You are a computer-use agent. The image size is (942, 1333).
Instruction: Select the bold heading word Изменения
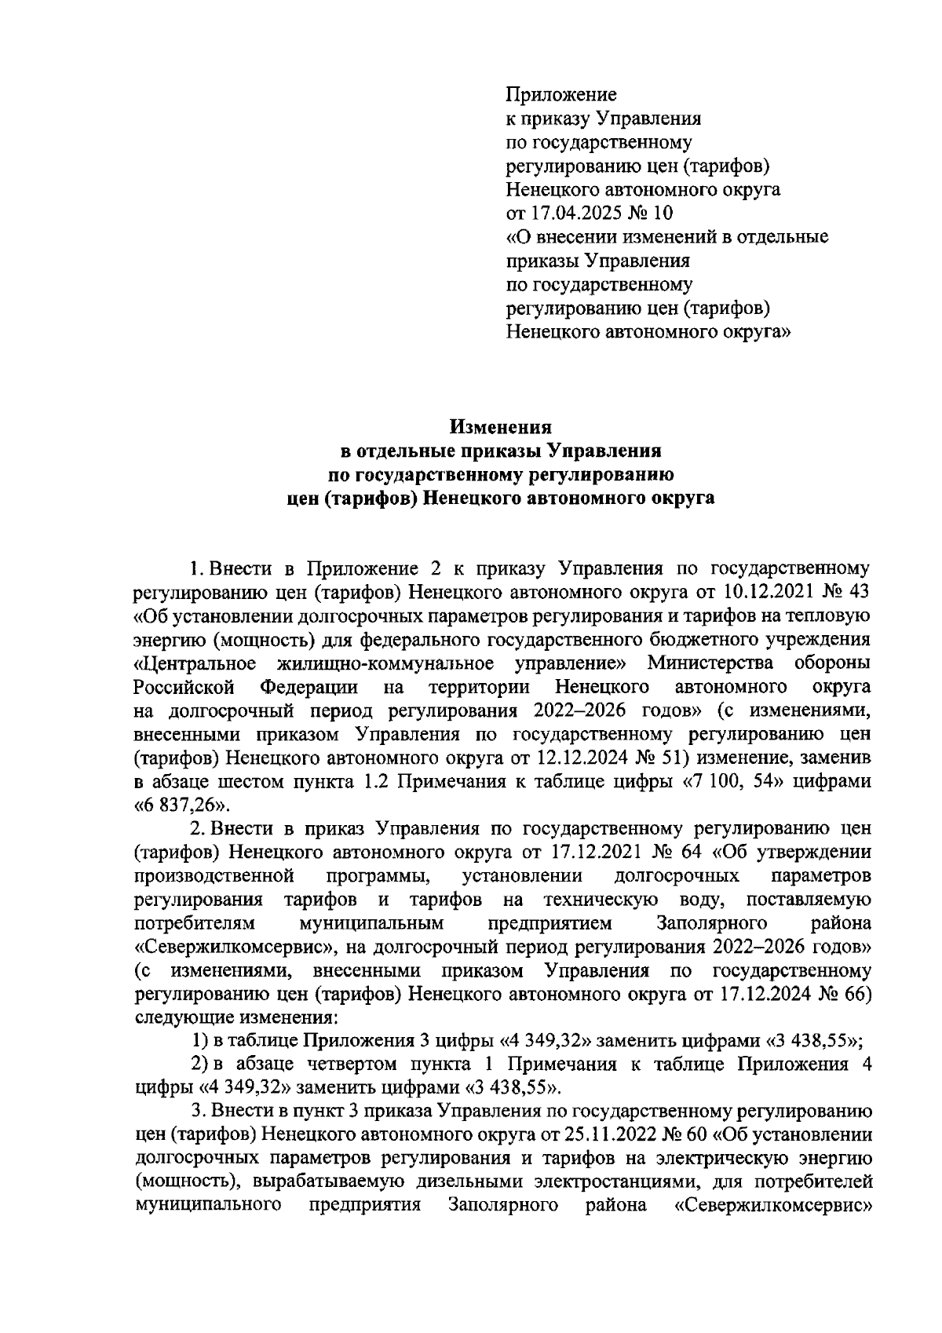[x=501, y=427]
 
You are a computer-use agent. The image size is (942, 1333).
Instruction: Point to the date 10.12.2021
[x=772, y=591]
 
